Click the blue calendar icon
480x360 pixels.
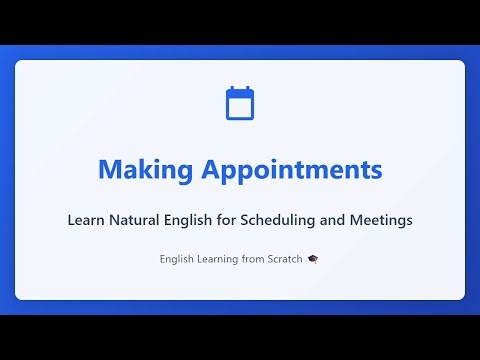(240, 104)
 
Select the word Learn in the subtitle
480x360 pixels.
(85, 219)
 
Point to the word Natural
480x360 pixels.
(136, 219)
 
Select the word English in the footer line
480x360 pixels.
(179, 259)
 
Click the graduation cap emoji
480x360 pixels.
(314, 259)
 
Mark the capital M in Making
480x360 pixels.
(108, 170)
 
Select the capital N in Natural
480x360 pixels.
(115, 219)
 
